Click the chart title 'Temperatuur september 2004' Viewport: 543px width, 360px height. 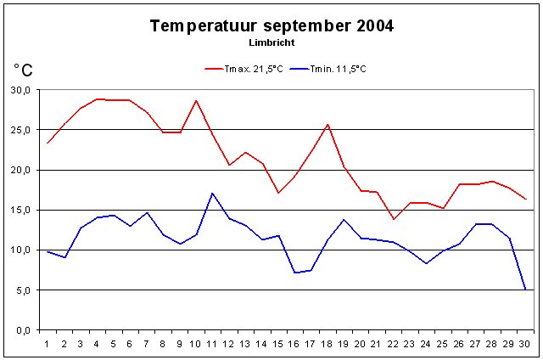click(x=271, y=25)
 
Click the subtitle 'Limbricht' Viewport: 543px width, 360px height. click(x=271, y=42)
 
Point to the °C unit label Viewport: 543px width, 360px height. click(x=23, y=70)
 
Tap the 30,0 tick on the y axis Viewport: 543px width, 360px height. click(x=20, y=90)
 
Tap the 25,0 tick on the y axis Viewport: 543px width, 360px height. click(x=20, y=130)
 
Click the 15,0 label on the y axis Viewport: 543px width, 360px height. click(x=20, y=210)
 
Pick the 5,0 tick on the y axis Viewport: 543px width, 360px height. click(x=23, y=290)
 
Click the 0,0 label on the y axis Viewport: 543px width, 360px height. click(x=23, y=329)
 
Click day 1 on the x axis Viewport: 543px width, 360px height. click(x=48, y=343)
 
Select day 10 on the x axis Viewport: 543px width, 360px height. click(x=196, y=343)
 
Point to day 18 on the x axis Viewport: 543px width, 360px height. click(x=327, y=343)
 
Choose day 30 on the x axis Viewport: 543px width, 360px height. click(x=525, y=343)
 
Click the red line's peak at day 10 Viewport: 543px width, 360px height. click(x=196, y=100)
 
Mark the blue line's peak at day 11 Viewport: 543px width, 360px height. click(x=212, y=194)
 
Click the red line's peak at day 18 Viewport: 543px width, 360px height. click(x=327, y=125)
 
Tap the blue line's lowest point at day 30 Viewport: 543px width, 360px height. click(x=525, y=289)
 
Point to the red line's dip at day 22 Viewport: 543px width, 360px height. click(x=394, y=219)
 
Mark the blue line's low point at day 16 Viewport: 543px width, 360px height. click(x=294, y=273)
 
